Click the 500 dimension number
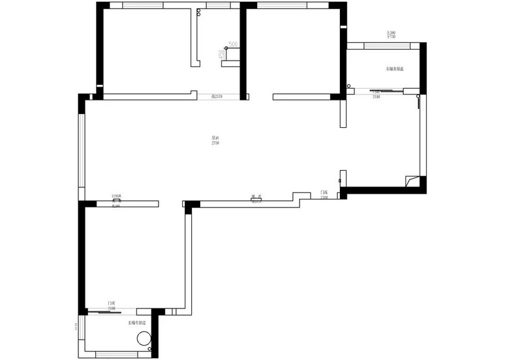click(x=234, y=44)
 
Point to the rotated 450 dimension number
click(x=221, y=54)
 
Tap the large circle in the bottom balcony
click(x=144, y=338)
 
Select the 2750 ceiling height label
click(x=215, y=141)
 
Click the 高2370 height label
click(x=217, y=97)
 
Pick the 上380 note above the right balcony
click(x=391, y=34)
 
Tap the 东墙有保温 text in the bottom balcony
click(x=137, y=323)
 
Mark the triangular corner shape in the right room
click(x=410, y=180)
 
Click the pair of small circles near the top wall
click(x=198, y=12)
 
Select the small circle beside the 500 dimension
click(x=226, y=48)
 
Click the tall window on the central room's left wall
click(x=82, y=151)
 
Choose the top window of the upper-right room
click(x=294, y=6)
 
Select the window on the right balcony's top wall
click(x=383, y=46)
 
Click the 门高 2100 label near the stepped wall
click(x=324, y=195)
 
